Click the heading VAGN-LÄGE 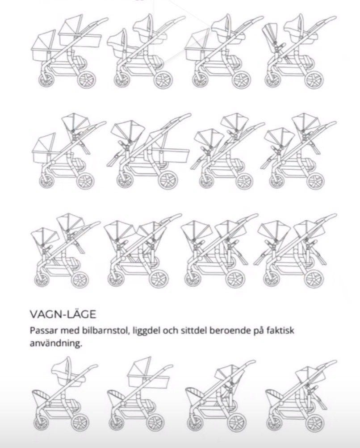coord(63,314)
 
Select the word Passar coord(44,331)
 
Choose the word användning coord(56,343)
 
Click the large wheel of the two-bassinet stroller coord(86,79)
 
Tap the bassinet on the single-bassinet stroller coord(148,373)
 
